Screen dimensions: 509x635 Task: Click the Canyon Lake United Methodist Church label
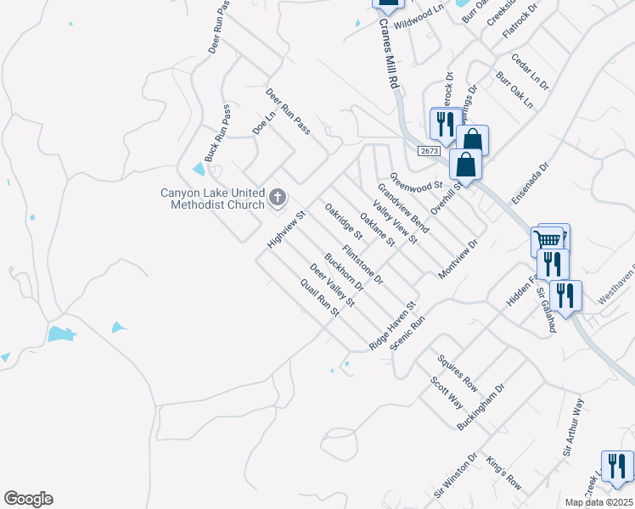[213, 199]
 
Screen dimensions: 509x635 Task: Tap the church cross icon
[278, 199]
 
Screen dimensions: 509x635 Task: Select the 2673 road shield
[430, 150]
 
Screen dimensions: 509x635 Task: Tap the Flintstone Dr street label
[363, 265]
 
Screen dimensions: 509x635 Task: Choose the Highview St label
[280, 230]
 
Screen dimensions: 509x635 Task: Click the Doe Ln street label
[265, 122]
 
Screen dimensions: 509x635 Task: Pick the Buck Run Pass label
[218, 134]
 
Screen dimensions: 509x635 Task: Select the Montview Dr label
[458, 260]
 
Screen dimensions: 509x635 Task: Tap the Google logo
[28, 499]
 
